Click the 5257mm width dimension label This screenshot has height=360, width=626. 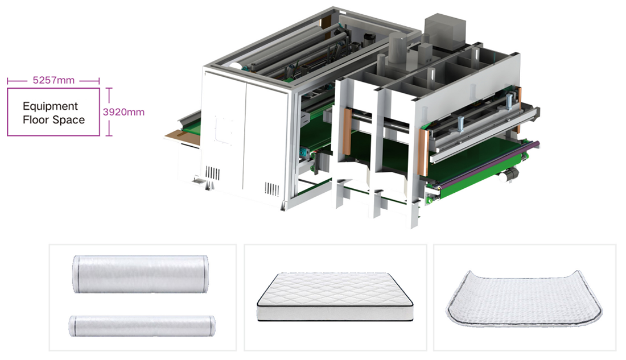(x=53, y=80)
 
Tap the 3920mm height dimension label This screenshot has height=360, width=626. (x=123, y=112)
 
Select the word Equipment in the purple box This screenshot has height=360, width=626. (x=50, y=106)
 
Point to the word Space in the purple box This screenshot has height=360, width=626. (x=68, y=120)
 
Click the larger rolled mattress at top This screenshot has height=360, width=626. (x=140, y=274)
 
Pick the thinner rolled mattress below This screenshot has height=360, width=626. (x=142, y=325)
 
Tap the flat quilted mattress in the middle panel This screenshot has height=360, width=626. (x=335, y=296)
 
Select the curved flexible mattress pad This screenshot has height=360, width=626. (x=524, y=300)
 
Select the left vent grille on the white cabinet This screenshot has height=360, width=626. (x=212, y=173)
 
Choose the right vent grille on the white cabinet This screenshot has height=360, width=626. (x=271, y=189)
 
